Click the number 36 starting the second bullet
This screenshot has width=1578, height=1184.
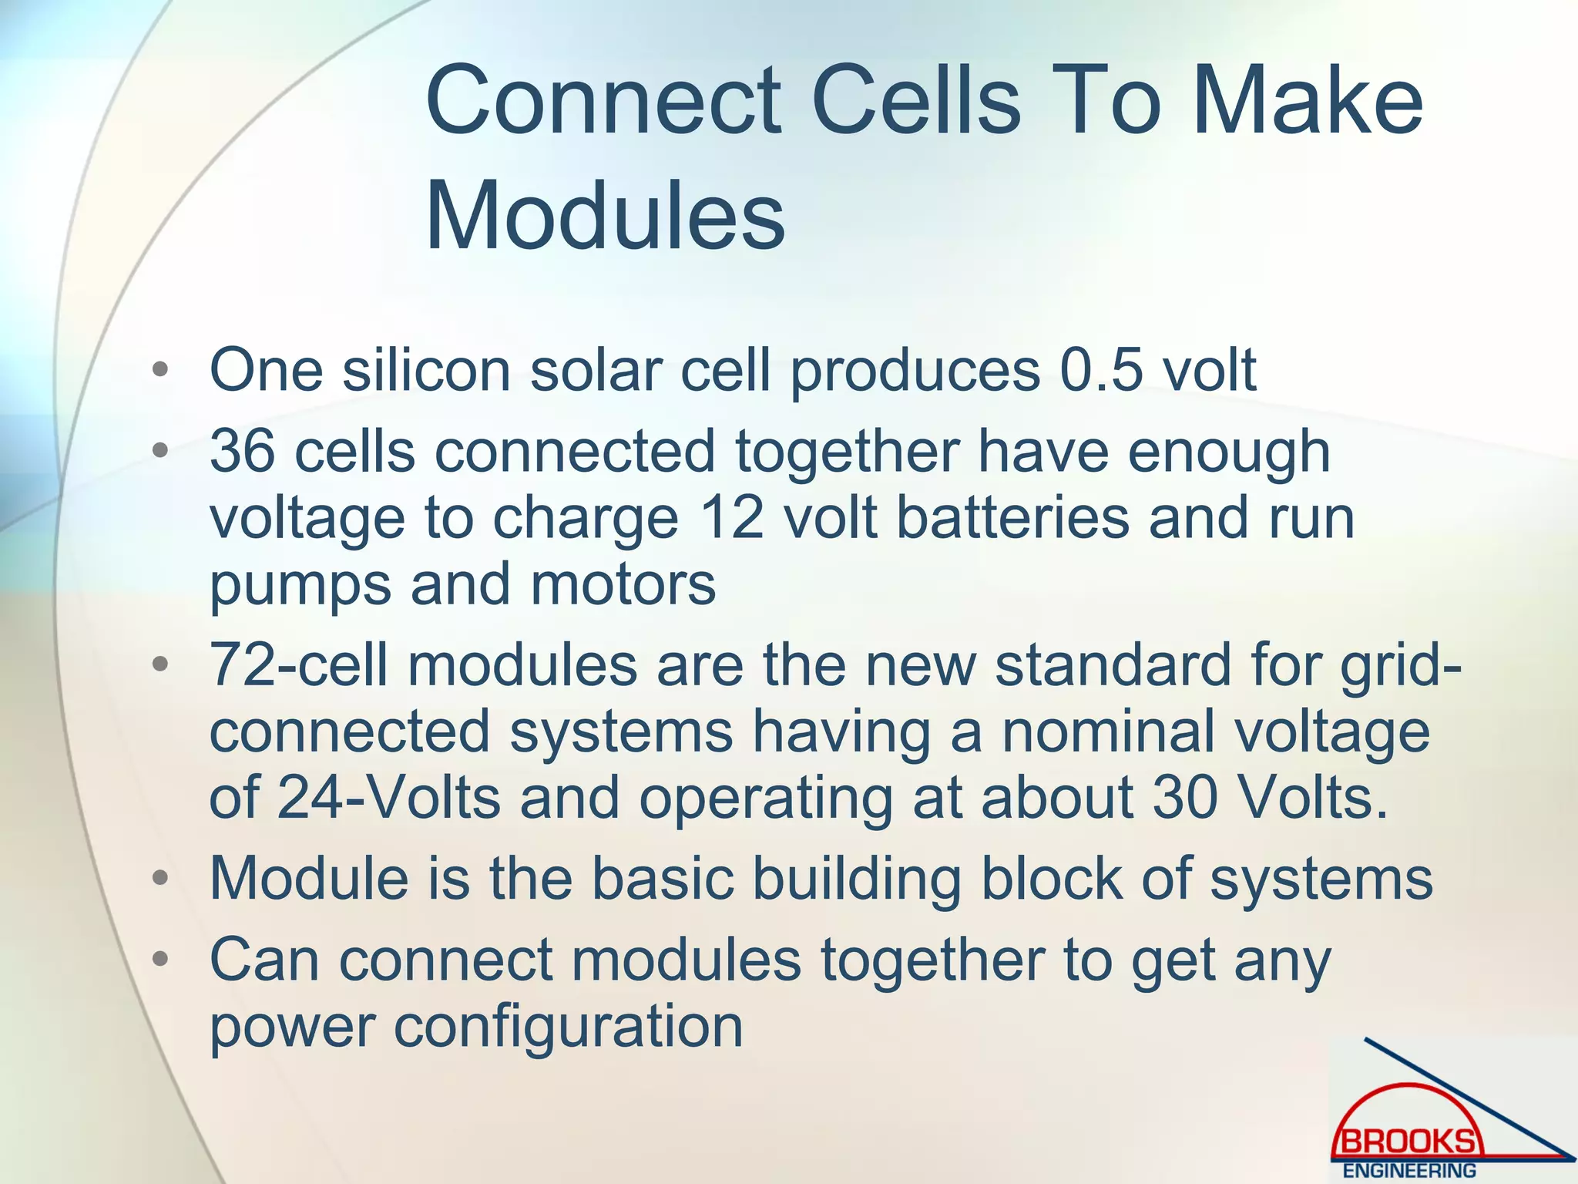[242, 452]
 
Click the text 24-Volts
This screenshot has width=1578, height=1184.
[389, 798]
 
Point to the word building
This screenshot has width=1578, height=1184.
[856, 879]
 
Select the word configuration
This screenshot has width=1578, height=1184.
[569, 1028]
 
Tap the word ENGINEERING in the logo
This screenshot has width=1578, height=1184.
[1409, 1171]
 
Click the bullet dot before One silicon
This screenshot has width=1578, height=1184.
[160, 371]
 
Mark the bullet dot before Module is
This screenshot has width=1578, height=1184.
[160, 879]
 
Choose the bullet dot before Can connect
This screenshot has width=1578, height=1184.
[160, 960]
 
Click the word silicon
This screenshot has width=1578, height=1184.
[426, 371]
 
